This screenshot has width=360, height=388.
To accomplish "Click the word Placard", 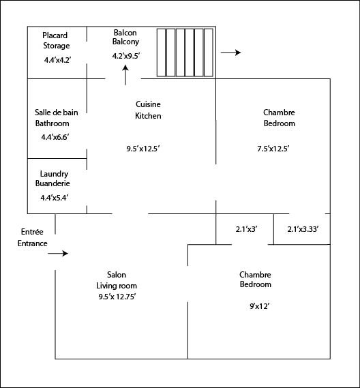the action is pos(55,35).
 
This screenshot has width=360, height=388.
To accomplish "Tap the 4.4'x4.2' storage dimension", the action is pos(58,60).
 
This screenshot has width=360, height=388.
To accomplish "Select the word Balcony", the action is pos(125,42).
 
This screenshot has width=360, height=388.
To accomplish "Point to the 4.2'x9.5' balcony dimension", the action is pos(126,56).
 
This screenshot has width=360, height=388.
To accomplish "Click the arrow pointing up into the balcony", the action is pos(125,75).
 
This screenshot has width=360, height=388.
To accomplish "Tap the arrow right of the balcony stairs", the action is pos(230,53).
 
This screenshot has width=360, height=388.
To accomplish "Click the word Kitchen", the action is pos(148,116).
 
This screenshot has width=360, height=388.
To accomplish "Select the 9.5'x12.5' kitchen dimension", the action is pos(143,149).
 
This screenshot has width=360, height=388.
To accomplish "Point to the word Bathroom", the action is pos(52,123).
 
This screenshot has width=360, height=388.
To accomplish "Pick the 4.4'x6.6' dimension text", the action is pos(55,137).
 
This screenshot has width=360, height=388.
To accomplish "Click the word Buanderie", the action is pos(52,183).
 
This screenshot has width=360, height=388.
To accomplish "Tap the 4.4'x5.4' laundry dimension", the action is pos(54,198).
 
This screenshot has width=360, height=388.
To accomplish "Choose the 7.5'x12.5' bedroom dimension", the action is pos(273,149).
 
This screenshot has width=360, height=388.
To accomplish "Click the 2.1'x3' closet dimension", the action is pos(246,229).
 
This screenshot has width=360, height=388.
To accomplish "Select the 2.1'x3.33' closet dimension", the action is pos(303,229).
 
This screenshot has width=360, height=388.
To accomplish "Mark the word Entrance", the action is pos(33,243).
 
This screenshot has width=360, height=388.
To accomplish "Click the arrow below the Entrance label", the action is pos(58,254).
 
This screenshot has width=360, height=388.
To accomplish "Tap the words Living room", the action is pos(117,286).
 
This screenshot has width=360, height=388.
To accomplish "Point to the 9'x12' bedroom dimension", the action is pos(259,306).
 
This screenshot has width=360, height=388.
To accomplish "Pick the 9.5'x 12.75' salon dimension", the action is pos(117,297).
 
